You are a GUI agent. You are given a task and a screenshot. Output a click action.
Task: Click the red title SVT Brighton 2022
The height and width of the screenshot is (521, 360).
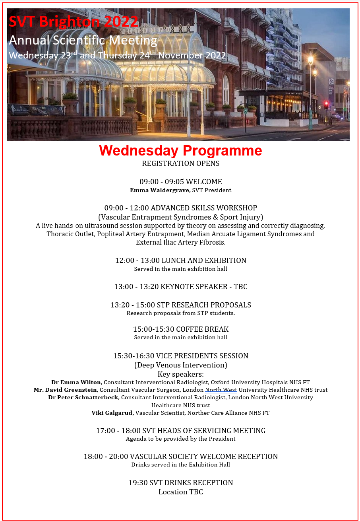click(x=74, y=21)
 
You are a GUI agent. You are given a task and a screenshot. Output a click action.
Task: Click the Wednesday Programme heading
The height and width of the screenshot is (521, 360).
click(x=180, y=151)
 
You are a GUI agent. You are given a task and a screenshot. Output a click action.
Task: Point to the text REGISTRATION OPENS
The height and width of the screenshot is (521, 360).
click(x=180, y=163)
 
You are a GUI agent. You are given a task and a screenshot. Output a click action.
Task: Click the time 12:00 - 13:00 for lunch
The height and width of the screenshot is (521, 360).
click(x=137, y=260)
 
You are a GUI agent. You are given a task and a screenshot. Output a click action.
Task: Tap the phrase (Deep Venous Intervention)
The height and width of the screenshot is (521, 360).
click(x=180, y=365)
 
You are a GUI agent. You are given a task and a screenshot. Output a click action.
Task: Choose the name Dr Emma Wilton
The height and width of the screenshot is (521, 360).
click(x=76, y=382)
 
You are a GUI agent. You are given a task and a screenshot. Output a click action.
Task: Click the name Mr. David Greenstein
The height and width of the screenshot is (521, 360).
click(x=66, y=390)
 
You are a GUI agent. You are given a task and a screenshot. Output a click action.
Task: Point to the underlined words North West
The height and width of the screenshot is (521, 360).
click(x=221, y=390)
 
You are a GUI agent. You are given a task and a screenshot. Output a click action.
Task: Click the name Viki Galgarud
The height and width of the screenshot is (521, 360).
click(x=112, y=413)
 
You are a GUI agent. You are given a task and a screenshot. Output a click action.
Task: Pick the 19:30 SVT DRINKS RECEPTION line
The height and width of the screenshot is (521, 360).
click(x=180, y=483)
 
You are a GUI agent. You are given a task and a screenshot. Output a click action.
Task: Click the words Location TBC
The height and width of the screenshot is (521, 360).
click(x=180, y=492)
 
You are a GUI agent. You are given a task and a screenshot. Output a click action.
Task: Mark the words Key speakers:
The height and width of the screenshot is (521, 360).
click(x=180, y=374)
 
